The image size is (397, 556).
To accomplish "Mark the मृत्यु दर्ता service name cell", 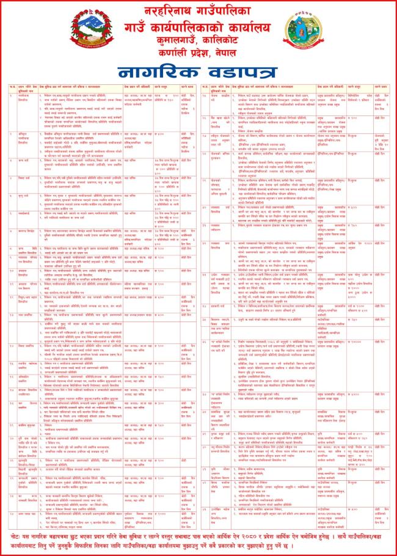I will click(x=22, y=196).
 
